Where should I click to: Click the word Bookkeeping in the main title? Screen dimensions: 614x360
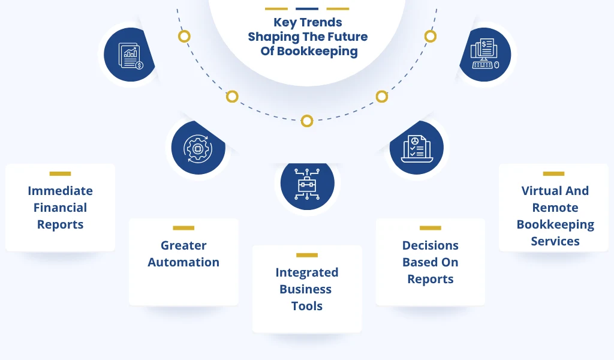[317, 52]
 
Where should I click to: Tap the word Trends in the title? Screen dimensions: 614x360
[321, 22]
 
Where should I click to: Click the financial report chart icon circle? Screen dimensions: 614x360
[130, 55]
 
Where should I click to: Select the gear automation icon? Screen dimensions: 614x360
[198, 148]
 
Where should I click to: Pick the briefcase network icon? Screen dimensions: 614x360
[308, 184]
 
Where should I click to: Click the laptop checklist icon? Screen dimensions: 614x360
[417, 148]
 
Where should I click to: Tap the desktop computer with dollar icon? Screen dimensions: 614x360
[484, 55]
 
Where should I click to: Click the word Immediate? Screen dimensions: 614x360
[61, 191]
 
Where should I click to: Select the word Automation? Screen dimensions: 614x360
[183, 262]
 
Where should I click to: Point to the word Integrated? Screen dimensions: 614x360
[307, 272]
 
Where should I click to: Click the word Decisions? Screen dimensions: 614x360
[431, 245]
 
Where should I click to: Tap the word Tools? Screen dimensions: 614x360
[307, 306]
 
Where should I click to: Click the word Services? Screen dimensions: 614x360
[555, 241]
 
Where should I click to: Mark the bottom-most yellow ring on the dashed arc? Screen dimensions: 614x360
[307, 121]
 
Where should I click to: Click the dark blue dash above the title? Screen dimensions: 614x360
[307, 8]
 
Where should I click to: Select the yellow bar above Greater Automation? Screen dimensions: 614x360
[183, 228]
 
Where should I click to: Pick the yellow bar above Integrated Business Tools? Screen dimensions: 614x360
[307, 255]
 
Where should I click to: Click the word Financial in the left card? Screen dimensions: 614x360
[61, 208]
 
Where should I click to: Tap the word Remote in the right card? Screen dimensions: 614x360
[555, 208]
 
